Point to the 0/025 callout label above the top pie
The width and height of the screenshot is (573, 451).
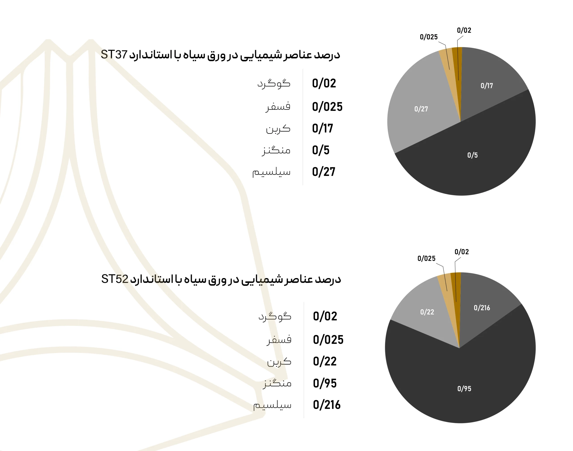(x=428, y=37)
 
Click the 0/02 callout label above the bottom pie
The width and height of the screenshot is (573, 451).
(x=461, y=252)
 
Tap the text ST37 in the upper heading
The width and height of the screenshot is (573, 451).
(x=114, y=55)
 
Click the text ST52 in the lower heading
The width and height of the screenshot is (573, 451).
(x=115, y=279)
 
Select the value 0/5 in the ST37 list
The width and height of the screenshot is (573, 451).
(x=321, y=150)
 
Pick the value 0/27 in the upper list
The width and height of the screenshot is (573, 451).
(x=323, y=172)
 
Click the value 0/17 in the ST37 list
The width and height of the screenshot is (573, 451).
(x=322, y=128)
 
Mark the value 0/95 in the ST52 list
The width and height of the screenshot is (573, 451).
(x=325, y=383)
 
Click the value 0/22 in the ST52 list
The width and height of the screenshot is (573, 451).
(x=325, y=361)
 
